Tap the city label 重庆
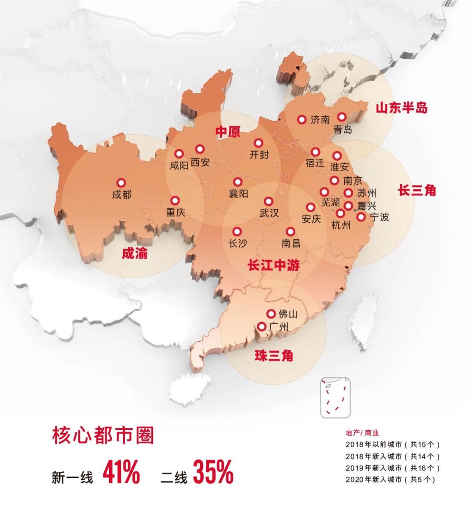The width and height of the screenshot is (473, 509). (176, 212)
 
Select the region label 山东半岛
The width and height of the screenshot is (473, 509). (401, 107)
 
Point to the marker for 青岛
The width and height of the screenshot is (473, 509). (342, 117)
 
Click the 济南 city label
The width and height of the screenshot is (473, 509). (320, 120)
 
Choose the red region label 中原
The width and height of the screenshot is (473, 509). (228, 132)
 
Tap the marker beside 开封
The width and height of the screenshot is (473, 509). (258, 143)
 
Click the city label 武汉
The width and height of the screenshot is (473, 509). (269, 213)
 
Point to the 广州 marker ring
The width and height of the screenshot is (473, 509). (262, 326)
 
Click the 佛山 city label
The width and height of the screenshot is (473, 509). (288, 314)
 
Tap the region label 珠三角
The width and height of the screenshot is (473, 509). (274, 356)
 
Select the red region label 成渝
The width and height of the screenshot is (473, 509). (134, 253)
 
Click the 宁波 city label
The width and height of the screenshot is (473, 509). (379, 217)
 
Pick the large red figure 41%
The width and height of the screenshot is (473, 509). (121, 471)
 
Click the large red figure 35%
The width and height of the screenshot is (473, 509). (213, 471)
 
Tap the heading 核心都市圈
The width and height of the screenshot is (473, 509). (103, 435)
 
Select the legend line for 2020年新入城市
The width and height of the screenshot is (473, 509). (390, 479)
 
